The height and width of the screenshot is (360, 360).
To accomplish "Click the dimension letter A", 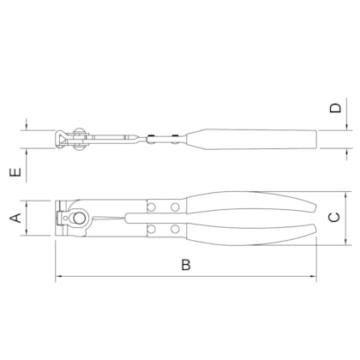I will (15, 219).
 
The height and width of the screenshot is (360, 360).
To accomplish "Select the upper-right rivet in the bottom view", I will (175, 207).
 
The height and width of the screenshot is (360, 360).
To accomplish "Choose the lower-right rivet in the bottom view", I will (175, 229).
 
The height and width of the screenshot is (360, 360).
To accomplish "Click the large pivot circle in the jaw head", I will (79, 218).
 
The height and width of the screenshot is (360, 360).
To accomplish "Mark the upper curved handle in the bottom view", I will (249, 204).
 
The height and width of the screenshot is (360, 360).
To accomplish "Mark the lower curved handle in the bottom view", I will (249, 232).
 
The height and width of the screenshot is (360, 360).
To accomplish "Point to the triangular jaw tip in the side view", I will (61, 137).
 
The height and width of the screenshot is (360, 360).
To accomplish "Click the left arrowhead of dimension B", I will (59, 278).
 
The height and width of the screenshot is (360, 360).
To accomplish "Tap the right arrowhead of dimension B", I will (313, 278).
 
